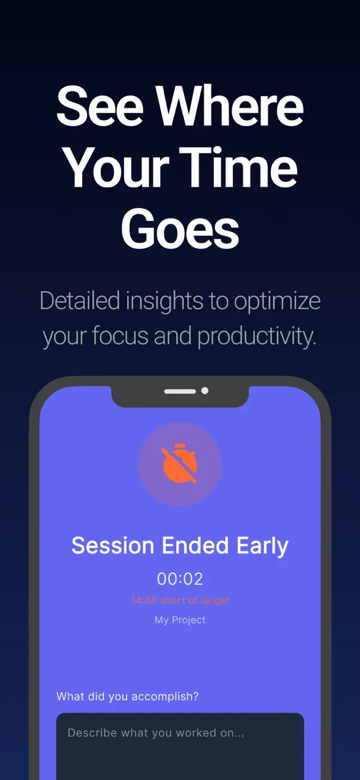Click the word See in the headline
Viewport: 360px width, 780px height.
[100, 107]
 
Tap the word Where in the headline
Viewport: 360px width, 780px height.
[230, 107]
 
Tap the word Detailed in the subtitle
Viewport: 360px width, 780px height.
[79, 301]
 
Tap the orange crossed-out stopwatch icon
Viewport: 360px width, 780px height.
[180, 464]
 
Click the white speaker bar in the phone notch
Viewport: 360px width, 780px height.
[180, 391]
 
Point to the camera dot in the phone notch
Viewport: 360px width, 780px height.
[205, 391]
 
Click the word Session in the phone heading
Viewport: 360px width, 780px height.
[113, 546]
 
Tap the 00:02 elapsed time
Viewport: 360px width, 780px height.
[180, 579]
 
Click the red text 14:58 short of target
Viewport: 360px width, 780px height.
[180, 600]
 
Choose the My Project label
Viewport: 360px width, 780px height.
[180, 620]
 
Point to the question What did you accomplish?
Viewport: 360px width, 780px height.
[127, 697]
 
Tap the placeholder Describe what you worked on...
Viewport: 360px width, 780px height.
[156, 733]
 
